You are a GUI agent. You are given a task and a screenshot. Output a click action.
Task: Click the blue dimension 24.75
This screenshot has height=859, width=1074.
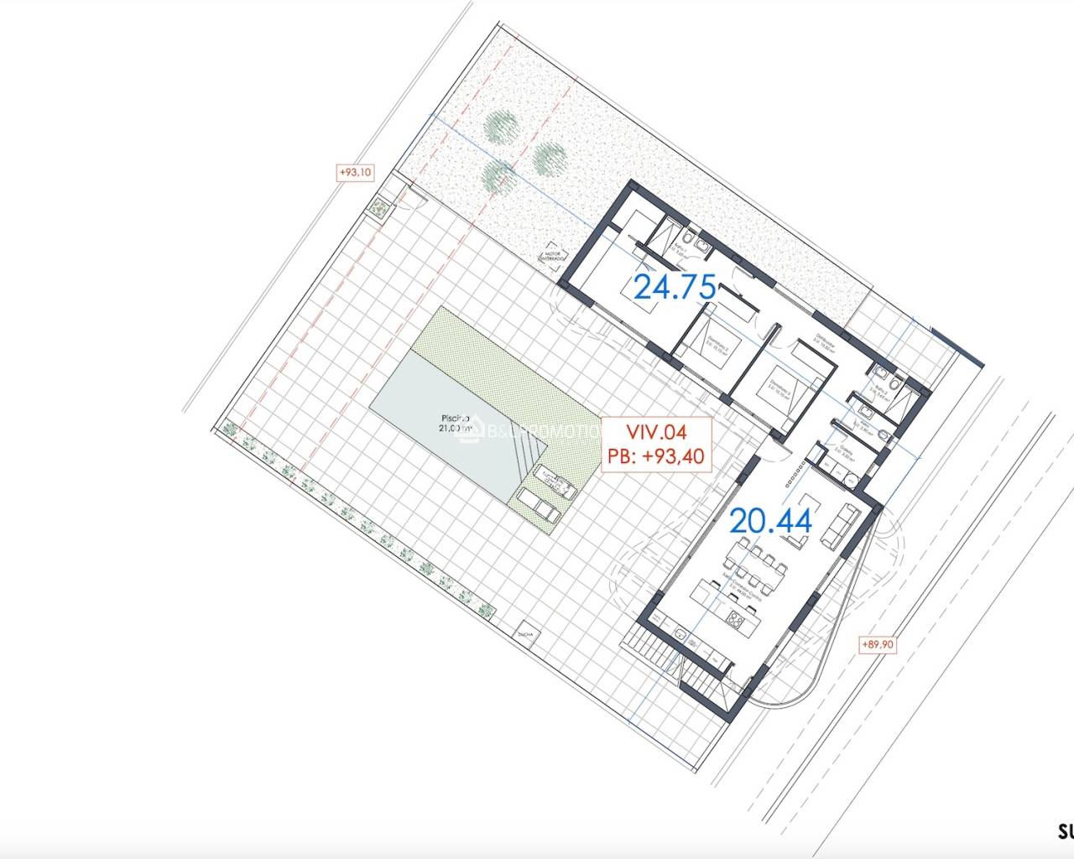tap(675, 287)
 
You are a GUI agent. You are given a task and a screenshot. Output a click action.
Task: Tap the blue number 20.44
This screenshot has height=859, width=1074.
tap(770, 521)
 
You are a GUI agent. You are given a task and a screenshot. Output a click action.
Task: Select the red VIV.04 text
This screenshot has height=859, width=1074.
tap(657, 432)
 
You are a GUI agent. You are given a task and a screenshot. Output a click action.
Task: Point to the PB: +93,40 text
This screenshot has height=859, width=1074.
tap(657, 456)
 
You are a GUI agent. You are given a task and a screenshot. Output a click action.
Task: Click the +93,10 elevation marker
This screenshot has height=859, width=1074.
tap(355, 172)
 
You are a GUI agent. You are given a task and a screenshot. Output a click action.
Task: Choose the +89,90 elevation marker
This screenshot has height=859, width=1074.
tap(877, 644)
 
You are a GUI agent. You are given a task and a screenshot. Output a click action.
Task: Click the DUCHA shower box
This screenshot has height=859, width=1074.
tap(527, 634)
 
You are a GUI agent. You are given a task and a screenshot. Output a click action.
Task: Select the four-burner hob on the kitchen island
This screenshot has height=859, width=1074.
tap(736, 620)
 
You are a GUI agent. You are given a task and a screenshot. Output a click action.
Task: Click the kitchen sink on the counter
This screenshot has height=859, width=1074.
tap(680, 635)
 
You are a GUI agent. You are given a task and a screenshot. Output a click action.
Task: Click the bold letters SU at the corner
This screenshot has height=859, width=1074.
tap(1064, 833)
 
